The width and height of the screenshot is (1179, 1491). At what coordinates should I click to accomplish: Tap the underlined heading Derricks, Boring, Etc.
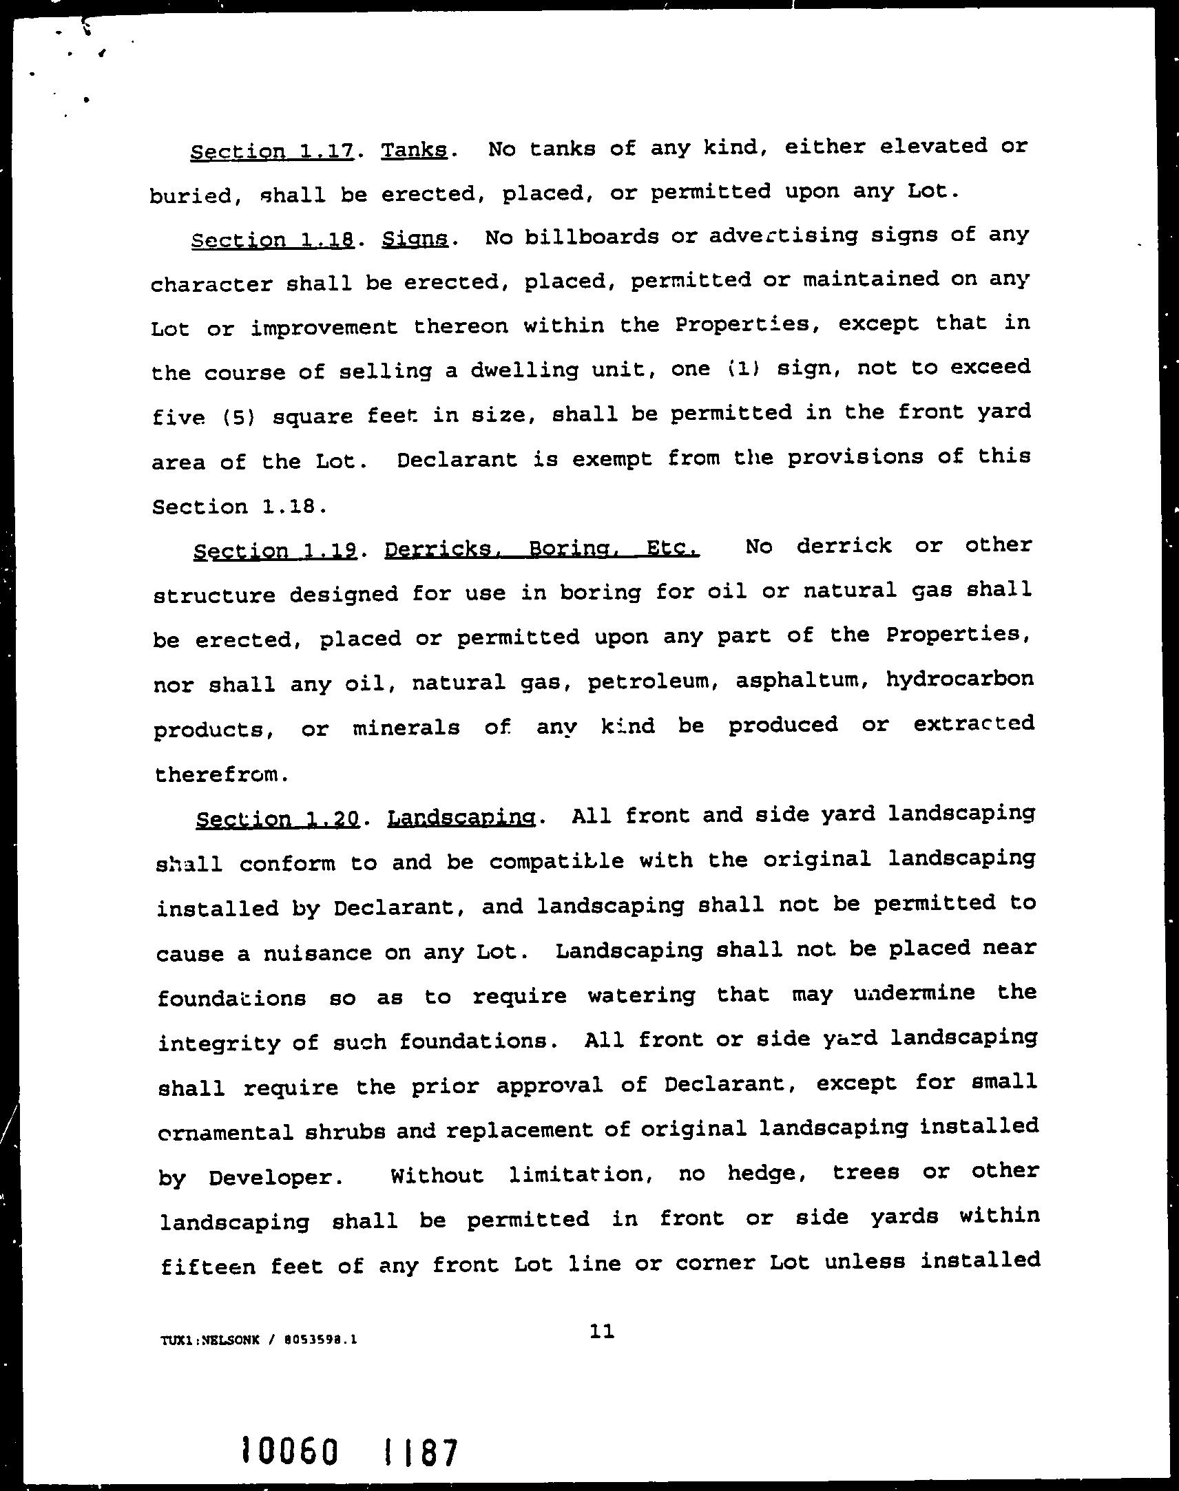(x=542, y=549)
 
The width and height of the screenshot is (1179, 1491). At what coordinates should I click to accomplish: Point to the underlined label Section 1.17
(x=272, y=151)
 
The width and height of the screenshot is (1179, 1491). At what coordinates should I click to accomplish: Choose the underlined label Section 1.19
(x=275, y=550)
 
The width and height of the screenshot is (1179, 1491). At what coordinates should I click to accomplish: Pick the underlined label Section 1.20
(x=278, y=819)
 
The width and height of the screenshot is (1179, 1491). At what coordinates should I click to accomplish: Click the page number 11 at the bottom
(x=603, y=1331)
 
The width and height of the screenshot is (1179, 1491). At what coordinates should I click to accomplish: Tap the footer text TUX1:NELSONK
(x=210, y=1340)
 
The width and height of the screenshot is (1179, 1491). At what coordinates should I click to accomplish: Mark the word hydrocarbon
(x=959, y=679)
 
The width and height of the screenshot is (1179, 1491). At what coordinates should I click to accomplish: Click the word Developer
(x=276, y=1177)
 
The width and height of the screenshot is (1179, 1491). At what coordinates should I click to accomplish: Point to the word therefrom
(x=218, y=774)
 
